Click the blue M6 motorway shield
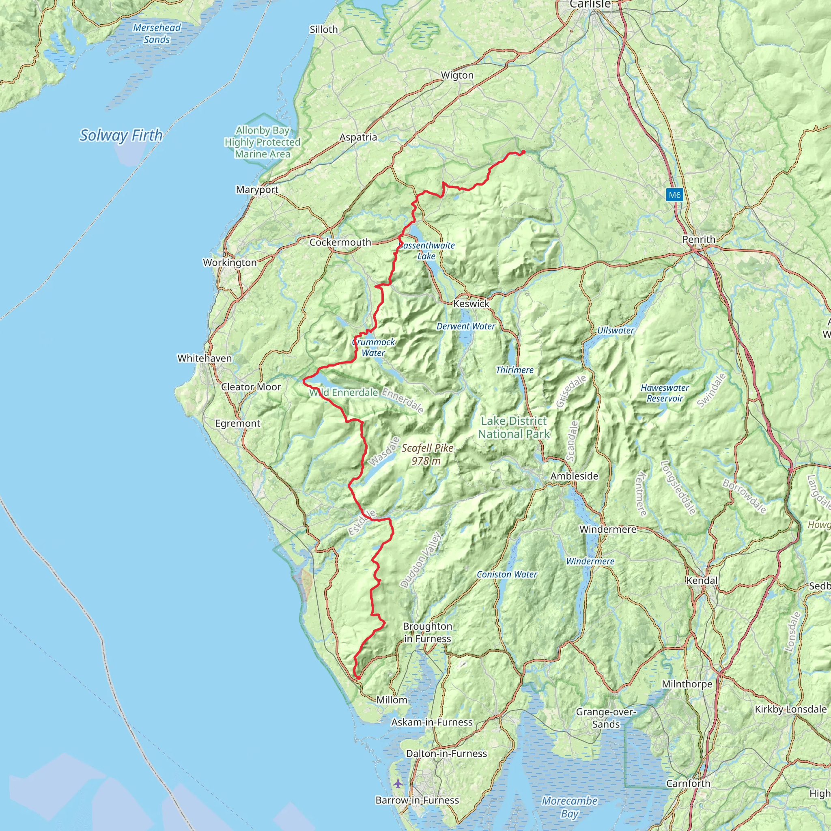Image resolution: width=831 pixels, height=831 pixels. (x=674, y=195)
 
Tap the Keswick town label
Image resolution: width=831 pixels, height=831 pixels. (x=471, y=304)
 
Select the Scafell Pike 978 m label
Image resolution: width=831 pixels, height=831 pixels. (x=427, y=454)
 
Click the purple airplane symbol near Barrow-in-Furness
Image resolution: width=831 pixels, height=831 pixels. (x=398, y=783)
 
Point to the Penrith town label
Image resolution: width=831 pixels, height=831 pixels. (x=699, y=239)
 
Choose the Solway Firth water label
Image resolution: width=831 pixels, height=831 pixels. (x=121, y=136)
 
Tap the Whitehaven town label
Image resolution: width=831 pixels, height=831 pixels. (x=205, y=358)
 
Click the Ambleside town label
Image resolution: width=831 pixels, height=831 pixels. (x=574, y=476)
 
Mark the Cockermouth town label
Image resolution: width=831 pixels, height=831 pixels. (x=340, y=242)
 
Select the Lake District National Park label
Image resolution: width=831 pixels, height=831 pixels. (x=514, y=427)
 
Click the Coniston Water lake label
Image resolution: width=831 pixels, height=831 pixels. (x=507, y=574)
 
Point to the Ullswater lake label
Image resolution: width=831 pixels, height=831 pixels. (x=616, y=330)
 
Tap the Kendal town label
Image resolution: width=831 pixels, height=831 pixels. (x=702, y=581)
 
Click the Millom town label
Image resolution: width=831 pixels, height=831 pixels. (x=392, y=700)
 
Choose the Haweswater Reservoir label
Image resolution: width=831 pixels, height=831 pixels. (x=665, y=393)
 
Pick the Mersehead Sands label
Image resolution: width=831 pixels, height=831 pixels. (x=157, y=34)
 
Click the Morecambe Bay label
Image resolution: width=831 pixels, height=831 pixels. (x=569, y=807)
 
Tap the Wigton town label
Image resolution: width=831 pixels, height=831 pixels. (x=457, y=75)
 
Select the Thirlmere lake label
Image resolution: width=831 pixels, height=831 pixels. (x=515, y=370)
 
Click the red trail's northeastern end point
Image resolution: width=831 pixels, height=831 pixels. (x=523, y=151)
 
